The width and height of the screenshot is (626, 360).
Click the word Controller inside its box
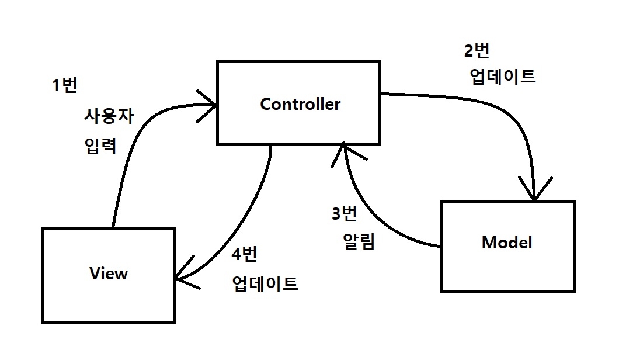pos(300,105)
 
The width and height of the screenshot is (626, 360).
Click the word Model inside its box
pos(507,243)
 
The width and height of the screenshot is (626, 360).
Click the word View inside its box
pos(109,273)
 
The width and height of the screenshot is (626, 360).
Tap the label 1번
pos(64,85)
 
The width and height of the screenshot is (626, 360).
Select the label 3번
pos(344,214)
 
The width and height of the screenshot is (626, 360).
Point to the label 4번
pos(244,255)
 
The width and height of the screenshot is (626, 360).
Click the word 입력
pos(100,146)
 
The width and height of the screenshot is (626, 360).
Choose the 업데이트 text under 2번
pos(502,77)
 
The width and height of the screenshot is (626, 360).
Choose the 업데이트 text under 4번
pos(265,285)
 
